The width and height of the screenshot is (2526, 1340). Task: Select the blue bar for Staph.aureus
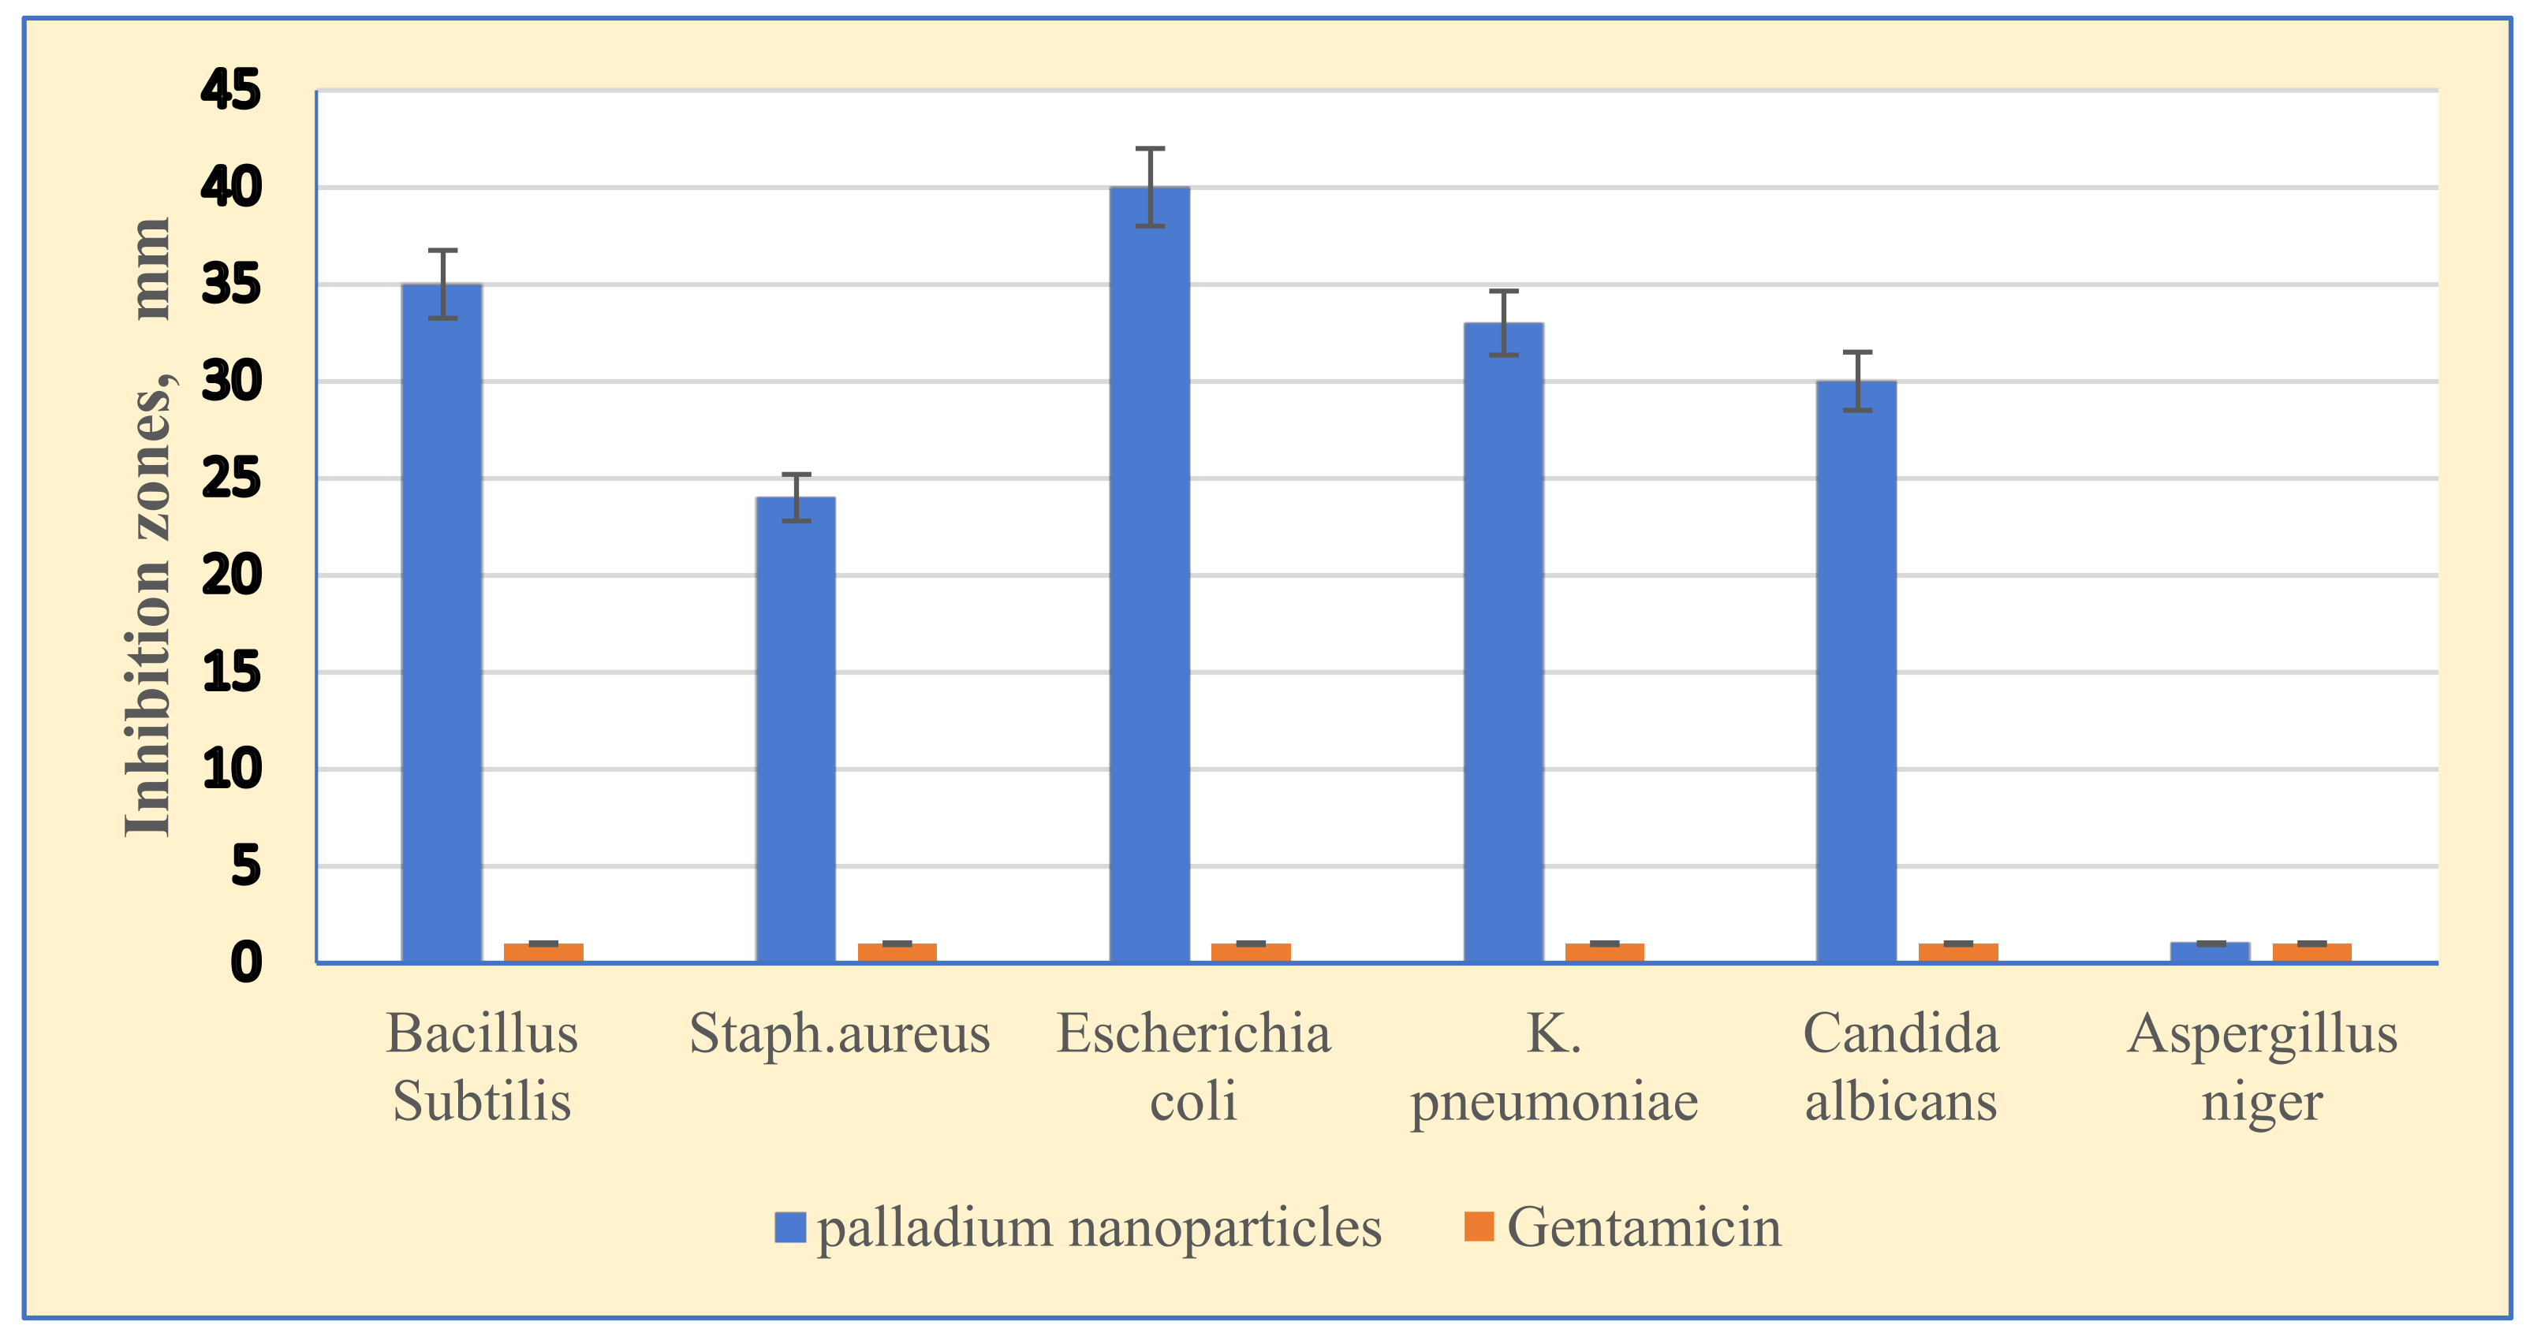coord(795,729)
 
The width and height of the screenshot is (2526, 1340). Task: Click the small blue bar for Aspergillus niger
coord(2209,952)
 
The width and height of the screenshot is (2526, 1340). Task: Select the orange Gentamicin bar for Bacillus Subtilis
coord(543,952)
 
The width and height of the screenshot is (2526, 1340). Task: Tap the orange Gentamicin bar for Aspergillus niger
coord(2311,952)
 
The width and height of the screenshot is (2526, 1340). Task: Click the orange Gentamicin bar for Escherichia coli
coord(1250,952)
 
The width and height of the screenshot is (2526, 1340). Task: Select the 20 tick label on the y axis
coord(230,575)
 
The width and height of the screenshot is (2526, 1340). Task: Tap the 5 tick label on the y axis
coord(245,866)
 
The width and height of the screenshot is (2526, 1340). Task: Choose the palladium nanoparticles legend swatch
coord(789,1226)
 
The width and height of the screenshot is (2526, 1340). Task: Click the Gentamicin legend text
coord(1644,1226)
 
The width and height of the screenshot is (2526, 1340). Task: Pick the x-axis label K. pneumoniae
coord(1554,1067)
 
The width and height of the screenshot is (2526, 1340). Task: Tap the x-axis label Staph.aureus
coord(839,1033)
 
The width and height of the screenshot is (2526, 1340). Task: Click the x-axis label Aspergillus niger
coord(2261,1067)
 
